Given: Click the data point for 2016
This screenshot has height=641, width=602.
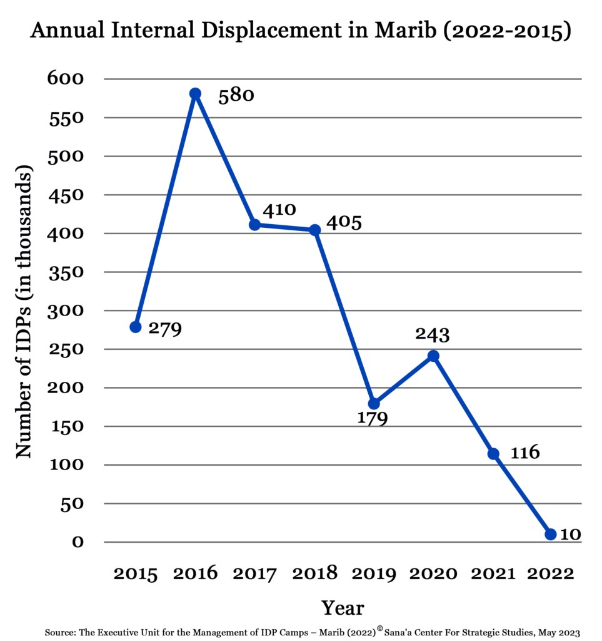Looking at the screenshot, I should point(195,94).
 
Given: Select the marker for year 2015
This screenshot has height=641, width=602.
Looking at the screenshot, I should point(136,327).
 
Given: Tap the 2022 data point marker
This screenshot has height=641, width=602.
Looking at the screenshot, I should point(550,534).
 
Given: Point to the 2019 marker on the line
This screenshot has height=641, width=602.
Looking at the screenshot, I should point(374,404).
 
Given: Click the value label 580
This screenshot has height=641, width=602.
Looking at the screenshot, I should point(236,96).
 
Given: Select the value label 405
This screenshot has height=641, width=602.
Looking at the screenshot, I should point(344,222).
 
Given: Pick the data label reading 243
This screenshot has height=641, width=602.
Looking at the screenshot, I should point(433,335).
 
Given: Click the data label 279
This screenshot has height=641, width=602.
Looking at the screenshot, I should point(164,329).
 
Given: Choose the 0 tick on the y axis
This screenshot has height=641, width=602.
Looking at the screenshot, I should point(78,542).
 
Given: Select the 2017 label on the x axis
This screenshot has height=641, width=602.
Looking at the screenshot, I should point(255,573).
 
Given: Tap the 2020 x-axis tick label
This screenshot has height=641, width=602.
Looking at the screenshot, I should point(433,573).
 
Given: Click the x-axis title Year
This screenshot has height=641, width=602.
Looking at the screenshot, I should point(343,607).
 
